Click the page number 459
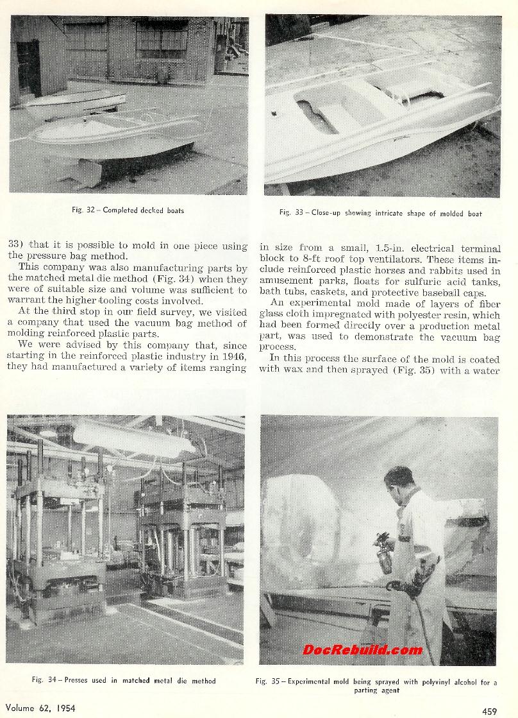tap(489, 710)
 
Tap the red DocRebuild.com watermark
tap(362, 649)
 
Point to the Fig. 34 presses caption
tap(124, 680)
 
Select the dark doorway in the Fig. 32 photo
tap(28, 67)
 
